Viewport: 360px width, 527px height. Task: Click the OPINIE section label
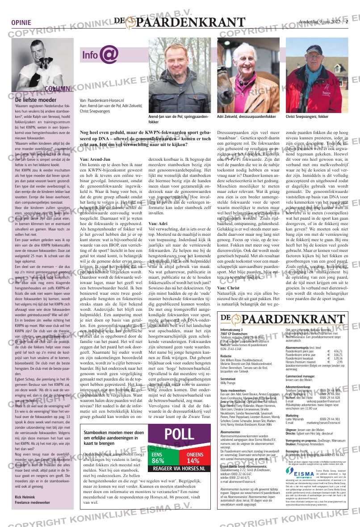click(x=21, y=23)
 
